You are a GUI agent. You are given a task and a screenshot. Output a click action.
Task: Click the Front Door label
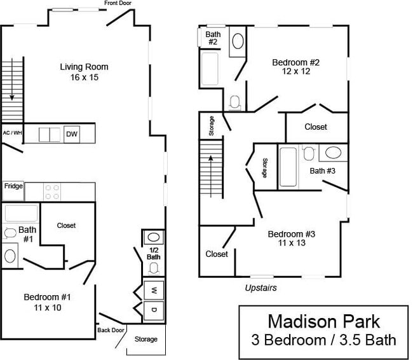click(118, 3)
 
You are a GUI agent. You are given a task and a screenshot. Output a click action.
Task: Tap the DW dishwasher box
click(72, 134)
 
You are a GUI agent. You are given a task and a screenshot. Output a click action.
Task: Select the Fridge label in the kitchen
click(13, 186)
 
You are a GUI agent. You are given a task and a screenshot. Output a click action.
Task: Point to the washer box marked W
click(154, 289)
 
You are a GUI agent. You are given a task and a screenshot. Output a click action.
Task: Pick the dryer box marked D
click(154, 310)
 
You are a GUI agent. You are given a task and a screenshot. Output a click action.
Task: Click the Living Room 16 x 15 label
click(84, 72)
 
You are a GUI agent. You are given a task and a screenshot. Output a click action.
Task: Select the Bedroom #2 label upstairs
click(295, 67)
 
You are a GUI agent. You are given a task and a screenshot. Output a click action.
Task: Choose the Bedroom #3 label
click(291, 238)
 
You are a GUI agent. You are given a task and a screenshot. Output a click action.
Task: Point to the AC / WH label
click(11, 133)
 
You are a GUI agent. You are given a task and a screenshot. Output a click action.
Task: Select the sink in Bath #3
click(333, 153)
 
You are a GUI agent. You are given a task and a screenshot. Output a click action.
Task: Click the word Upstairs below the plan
click(261, 287)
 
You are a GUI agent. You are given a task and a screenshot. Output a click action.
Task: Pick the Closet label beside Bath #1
click(66, 225)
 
